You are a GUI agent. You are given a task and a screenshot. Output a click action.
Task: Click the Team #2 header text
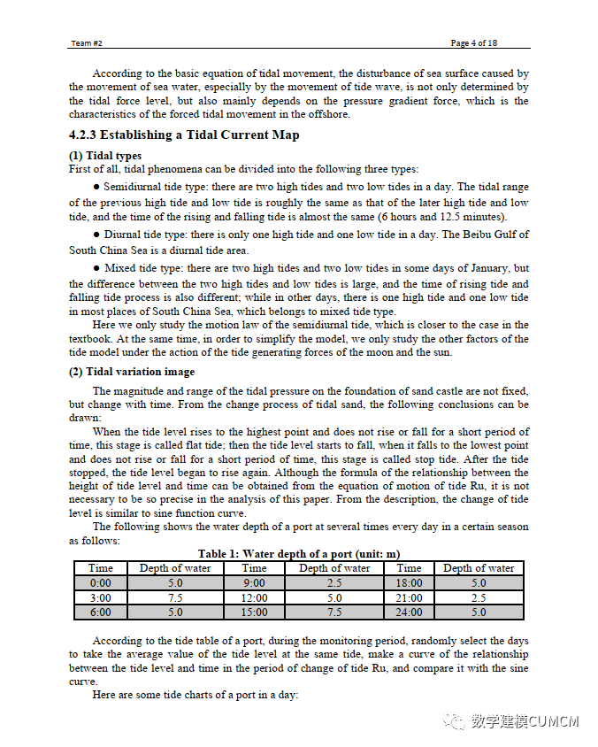point(87,43)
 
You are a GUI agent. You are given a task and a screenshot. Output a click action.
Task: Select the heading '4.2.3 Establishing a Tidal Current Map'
point(184,135)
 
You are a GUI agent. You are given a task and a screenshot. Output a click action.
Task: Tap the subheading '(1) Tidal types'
point(105,156)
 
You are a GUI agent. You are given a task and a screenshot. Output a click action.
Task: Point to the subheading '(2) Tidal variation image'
point(132,372)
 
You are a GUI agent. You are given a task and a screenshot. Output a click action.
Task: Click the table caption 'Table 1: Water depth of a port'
point(298,554)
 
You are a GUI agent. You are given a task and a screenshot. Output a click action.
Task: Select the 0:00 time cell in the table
point(101,583)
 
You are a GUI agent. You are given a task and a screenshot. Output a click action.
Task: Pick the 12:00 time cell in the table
point(254,597)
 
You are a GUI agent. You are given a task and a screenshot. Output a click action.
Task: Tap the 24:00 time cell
point(409,612)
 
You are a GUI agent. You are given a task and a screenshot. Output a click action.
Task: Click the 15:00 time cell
point(254,612)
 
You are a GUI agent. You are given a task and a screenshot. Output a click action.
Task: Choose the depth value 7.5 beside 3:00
point(175,597)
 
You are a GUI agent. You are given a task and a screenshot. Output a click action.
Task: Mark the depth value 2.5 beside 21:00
point(479,597)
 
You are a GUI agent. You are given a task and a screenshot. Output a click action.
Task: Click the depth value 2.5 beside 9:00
point(333,583)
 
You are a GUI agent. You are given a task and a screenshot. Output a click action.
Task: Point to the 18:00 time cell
point(409,583)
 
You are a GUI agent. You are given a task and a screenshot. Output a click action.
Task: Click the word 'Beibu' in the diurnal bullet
point(459,235)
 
